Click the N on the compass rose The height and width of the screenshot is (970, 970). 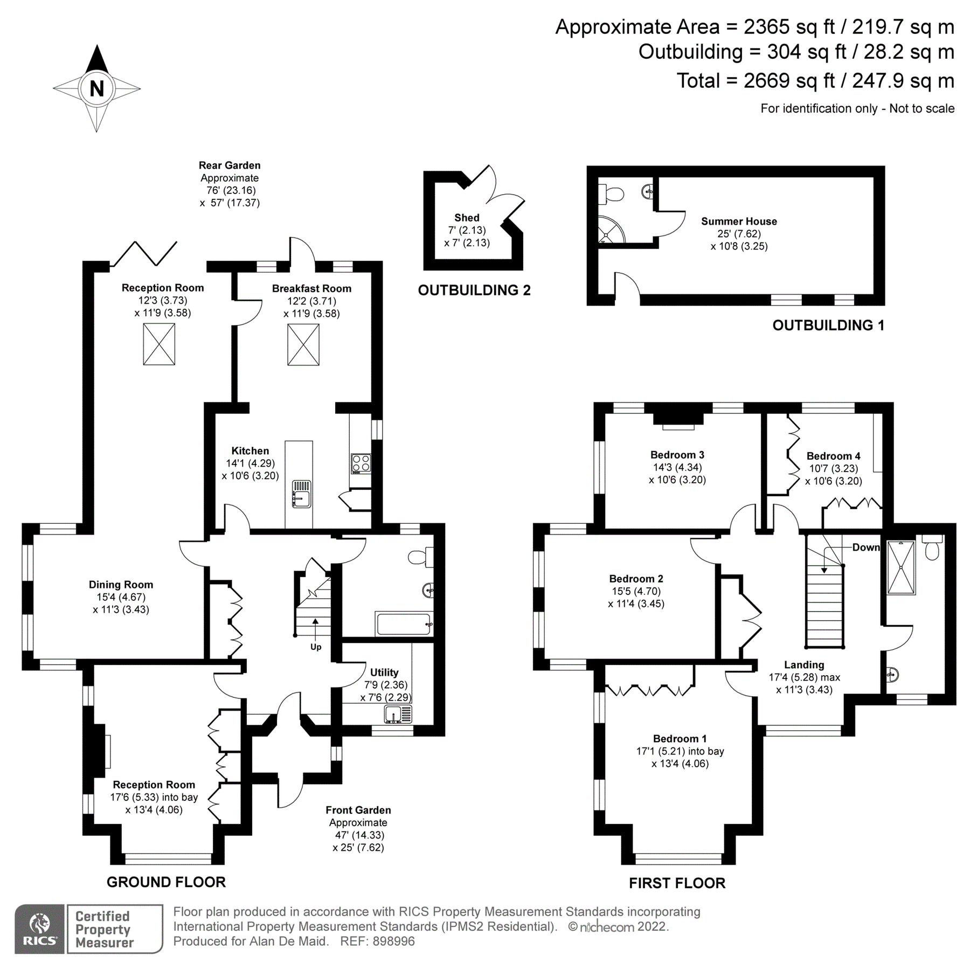point(96,88)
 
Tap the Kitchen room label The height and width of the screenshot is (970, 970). point(250,451)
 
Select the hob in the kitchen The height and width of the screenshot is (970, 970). point(361,463)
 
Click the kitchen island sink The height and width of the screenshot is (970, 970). point(301,494)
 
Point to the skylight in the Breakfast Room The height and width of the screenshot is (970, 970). point(303,345)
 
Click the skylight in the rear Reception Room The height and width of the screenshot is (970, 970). point(159,345)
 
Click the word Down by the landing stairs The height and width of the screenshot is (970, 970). point(865,547)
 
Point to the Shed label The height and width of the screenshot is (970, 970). point(467,218)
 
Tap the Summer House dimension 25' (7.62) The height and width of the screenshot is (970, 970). point(739,234)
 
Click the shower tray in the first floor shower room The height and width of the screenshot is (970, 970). point(901,567)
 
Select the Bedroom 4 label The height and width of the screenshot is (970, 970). point(833,456)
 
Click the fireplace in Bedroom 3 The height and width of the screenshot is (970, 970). point(678,419)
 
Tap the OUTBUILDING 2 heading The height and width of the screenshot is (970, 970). point(474,290)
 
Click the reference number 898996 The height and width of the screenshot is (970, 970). point(393,941)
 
